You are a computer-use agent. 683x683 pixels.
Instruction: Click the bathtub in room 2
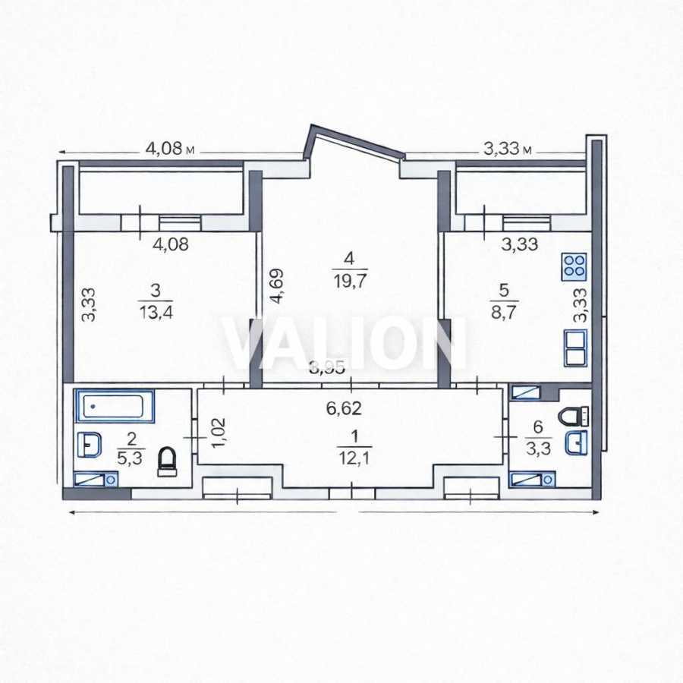[115, 406]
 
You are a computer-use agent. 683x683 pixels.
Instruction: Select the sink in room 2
[89, 442]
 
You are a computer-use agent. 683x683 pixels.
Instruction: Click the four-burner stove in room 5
[574, 266]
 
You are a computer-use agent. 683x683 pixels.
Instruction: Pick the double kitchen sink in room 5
[574, 348]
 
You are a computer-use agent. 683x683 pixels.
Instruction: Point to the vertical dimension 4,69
[277, 285]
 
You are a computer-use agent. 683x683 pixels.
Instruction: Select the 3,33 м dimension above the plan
[508, 149]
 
